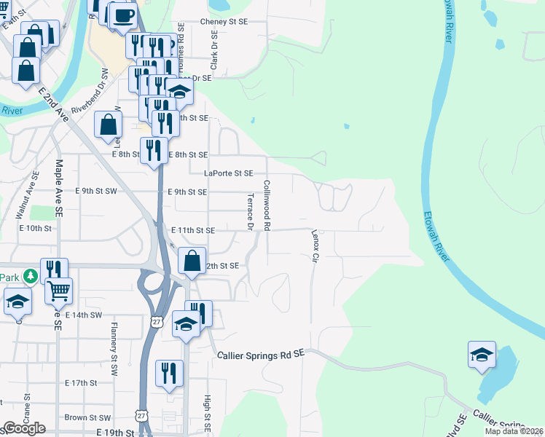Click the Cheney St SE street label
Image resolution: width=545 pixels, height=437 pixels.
click(224, 23)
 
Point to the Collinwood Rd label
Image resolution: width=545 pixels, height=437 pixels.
click(267, 205)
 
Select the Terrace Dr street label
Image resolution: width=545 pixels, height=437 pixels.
click(249, 212)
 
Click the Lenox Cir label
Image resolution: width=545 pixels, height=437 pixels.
click(315, 247)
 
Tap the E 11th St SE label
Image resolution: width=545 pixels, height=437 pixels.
click(192, 230)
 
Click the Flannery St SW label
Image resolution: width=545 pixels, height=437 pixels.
click(114, 349)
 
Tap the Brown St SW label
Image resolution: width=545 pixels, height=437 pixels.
click(87, 418)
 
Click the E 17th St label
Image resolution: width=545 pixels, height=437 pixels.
click(80, 383)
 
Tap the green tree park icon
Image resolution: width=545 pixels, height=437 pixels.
click(30, 276)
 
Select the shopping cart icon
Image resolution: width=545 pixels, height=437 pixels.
click(59, 291)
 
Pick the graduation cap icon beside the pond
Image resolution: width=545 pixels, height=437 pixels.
click(482, 354)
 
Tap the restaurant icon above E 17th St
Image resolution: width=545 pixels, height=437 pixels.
click(170, 373)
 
